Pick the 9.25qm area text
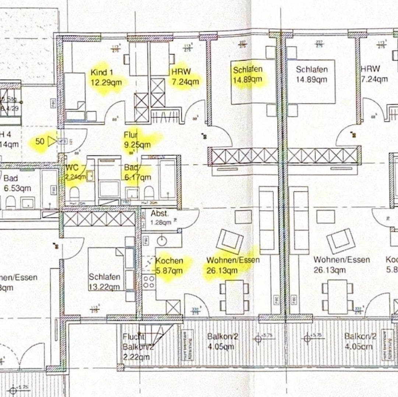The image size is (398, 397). point(137,144)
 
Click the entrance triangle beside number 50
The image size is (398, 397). point(52,141)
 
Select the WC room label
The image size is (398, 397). point(72,168)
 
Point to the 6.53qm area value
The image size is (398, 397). point(17,188)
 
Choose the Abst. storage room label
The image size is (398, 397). point(159,214)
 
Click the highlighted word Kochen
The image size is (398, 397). point(169,261)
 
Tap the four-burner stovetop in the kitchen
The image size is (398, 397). point(149,282)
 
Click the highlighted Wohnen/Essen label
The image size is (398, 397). point(233,260)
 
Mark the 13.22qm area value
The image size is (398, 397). point(104,287)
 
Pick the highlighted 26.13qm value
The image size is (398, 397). point(222,271)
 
